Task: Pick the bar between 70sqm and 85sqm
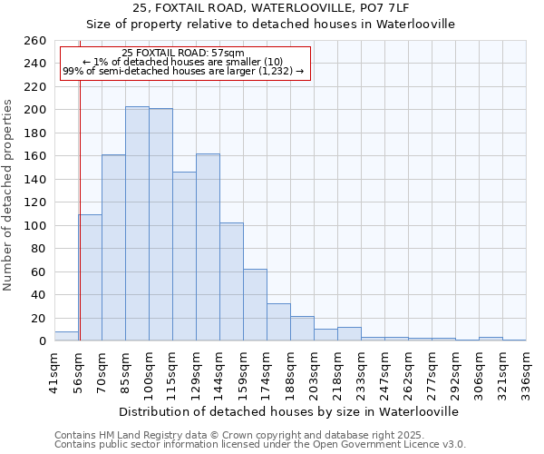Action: pyautogui.click(x=113, y=247)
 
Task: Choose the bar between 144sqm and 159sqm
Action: pyautogui.click(x=231, y=281)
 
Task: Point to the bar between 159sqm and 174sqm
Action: pyautogui.click(x=255, y=304)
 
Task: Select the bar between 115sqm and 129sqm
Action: pyautogui.click(x=184, y=256)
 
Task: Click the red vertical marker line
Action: pyautogui.click(x=80, y=209)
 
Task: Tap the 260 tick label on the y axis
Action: pyautogui.click(x=34, y=41)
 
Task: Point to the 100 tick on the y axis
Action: pyautogui.click(x=34, y=225)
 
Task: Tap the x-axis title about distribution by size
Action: pyautogui.click(x=289, y=411)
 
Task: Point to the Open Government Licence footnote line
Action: pyautogui.click(x=260, y=445)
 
